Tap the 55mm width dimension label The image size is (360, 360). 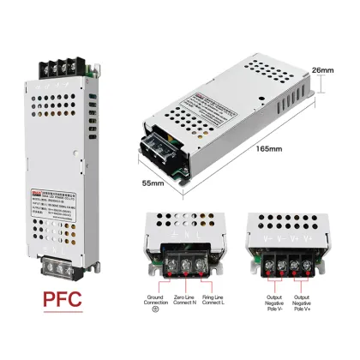point(153,183)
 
